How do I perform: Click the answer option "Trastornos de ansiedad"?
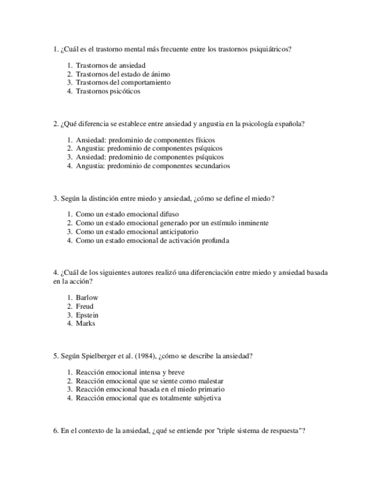coord(111,66)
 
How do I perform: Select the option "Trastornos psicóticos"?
coord(108,91)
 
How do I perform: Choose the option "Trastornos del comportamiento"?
coord(123,83)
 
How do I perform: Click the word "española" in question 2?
coord(287,124)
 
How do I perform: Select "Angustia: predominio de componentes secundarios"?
coord(153,166)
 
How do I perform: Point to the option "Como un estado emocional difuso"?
coord(127,215)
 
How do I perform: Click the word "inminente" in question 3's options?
coord(252,223)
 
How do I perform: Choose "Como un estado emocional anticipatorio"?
coord(137,232)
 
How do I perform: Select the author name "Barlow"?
coord(87,298)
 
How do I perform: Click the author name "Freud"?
coord(84,307)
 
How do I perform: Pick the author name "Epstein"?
coord(87,315)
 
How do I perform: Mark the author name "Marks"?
coord(85,324)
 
